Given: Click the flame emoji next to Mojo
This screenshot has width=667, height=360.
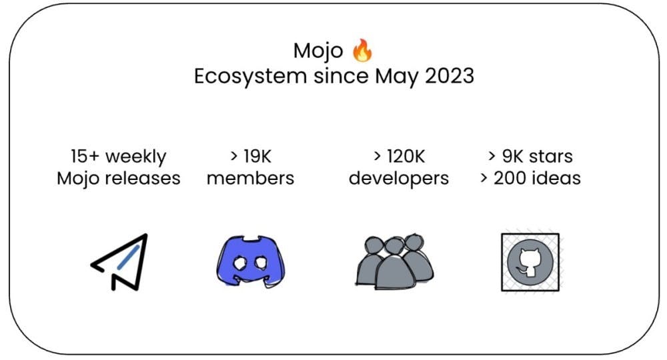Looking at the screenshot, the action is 362,51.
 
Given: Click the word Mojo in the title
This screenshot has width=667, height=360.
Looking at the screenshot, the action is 318,51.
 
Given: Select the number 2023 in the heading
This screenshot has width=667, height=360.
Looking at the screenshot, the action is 450,76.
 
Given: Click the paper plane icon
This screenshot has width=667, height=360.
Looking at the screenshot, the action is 119,262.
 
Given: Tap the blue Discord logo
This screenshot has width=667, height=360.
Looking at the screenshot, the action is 251,261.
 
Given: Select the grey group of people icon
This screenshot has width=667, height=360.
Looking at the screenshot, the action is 394,261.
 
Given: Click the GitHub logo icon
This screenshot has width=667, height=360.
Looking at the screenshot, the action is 530,262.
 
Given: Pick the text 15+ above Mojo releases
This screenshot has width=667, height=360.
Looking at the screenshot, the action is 85,157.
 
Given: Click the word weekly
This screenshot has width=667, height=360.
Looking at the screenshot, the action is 135,157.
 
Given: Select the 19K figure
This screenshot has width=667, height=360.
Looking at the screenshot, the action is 257,157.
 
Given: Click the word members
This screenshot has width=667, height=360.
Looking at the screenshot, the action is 251,179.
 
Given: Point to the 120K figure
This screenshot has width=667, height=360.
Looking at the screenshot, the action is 406,157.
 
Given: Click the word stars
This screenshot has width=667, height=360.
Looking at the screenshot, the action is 550,157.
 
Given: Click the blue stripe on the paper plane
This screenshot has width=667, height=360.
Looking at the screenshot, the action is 128,257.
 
